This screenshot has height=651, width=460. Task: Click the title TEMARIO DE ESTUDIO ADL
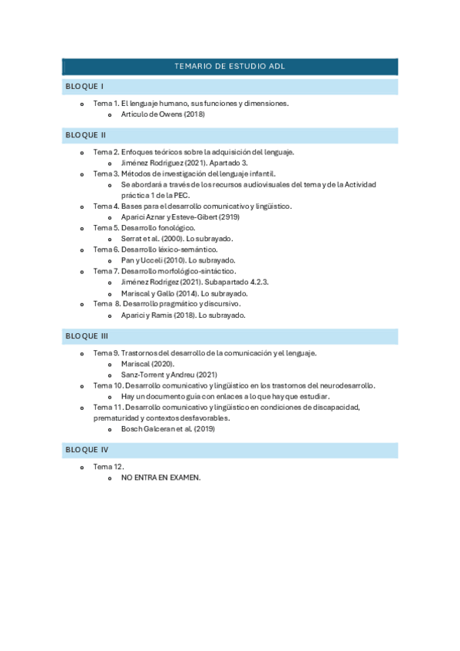(230, 67)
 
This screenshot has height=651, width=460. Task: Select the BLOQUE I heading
(84, 86)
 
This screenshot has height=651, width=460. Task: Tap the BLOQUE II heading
(86, 135)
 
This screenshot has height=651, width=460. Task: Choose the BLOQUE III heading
(88, 336)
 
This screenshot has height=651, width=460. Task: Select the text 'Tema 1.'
(106, 104)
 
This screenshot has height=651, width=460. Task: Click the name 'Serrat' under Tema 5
(132, 239)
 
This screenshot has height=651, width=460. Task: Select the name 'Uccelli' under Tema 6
(155, 260)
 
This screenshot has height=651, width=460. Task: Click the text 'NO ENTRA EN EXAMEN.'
(161, 478)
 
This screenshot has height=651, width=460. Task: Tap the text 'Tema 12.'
(108, 467)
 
